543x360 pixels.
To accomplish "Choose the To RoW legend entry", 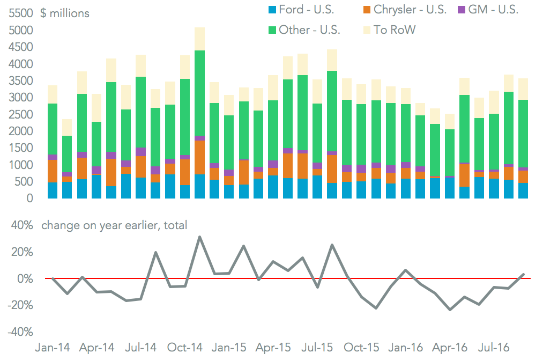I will pos(388,30).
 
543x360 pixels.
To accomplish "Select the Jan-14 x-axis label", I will pos(52,347).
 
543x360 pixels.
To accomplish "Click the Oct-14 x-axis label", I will pos(185,347).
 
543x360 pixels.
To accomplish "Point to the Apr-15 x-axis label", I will pos(273,347).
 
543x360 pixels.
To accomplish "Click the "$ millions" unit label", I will pos(65,13).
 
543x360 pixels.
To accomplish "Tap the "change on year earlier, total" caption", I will pos(114,225).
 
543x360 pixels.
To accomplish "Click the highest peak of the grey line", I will pos(199,237).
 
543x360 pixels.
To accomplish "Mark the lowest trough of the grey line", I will pos(449,310).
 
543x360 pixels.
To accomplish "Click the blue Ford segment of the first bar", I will pos(53,190).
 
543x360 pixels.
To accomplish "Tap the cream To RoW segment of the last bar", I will pos(523,89).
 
